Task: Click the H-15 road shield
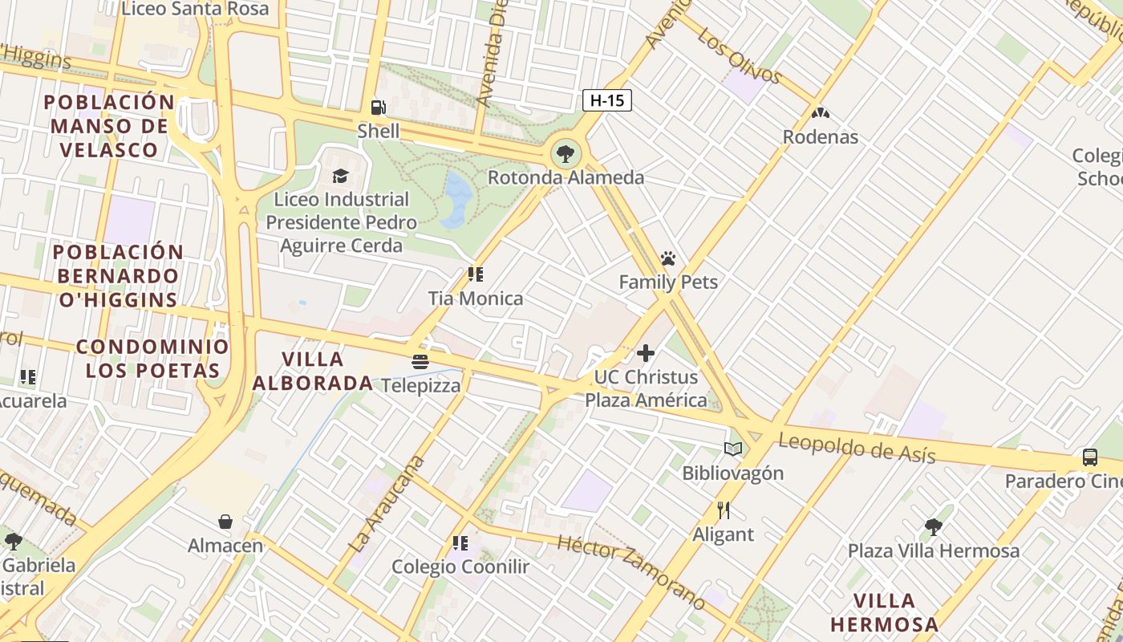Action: click(606, 100)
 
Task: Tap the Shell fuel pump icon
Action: click(378, 108)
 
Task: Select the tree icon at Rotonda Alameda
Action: click(566, 153)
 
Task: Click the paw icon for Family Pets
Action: click(668, 258)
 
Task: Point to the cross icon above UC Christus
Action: click(646, 353)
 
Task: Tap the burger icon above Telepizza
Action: click(420, 362)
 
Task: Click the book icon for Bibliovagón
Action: click(733, 449)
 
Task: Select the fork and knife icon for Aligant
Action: click(723, 510)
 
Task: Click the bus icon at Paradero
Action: click(1089, 457)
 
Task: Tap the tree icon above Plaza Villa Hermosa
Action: click(933, 527)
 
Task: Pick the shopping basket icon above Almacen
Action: click(225, 522)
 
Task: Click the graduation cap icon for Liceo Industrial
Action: click(341, 176)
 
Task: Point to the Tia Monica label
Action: click(476, 299)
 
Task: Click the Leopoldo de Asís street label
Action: click(857, 448)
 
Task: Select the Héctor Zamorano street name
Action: click(632, 571)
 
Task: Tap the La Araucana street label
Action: click(387, 503)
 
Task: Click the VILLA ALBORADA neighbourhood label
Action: click(313, 371)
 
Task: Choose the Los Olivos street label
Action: click(739, 55)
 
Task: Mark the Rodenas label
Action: click(820, 137)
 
